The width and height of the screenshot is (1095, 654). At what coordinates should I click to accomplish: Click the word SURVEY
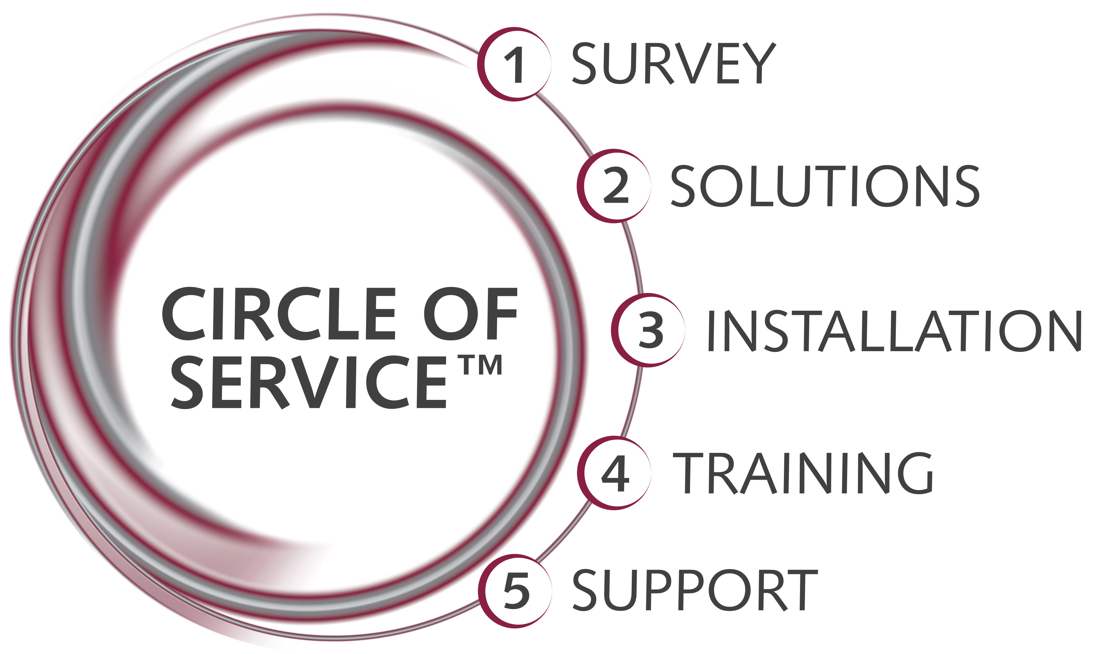click(673, 63)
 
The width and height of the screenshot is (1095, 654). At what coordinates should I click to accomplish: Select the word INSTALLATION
click(895, 330)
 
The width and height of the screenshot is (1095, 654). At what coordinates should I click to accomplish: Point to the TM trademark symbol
click(482, 365)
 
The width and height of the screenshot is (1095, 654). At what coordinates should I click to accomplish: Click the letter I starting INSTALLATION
click(710, 330)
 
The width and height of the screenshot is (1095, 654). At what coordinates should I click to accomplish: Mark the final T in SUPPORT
click(802, 590)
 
